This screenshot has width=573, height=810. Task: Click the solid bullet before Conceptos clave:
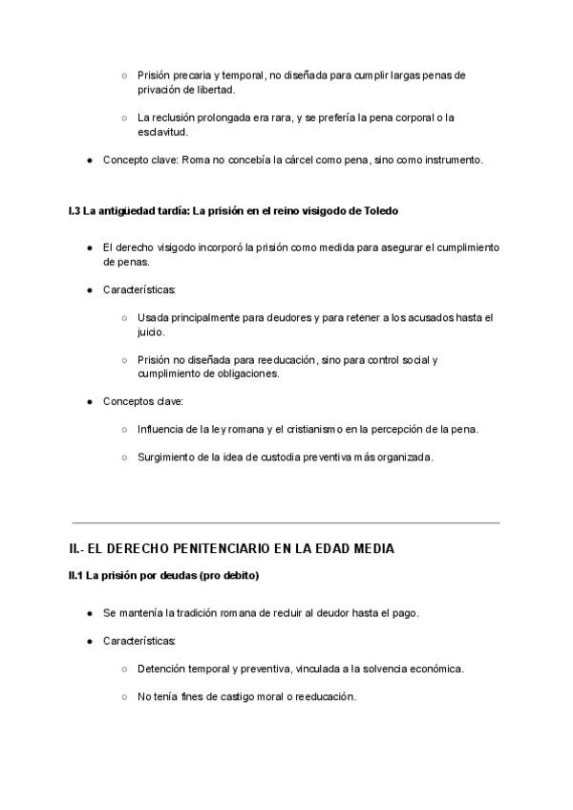[89, 401]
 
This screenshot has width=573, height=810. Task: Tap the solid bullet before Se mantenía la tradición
[89, 612]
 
